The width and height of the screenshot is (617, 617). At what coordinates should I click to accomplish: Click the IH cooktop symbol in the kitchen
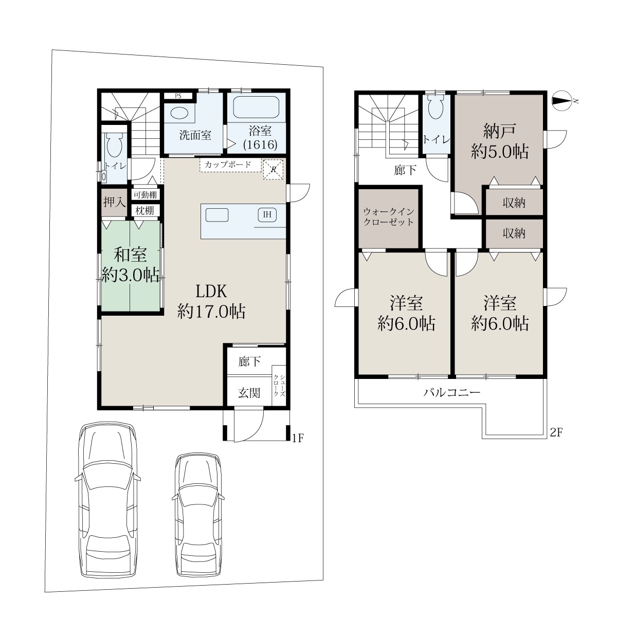[x=267, y=214]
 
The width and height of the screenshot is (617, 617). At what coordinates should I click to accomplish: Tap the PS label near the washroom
[x=178, y=96]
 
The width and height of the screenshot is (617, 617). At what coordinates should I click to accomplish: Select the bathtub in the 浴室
[x=256, y=107]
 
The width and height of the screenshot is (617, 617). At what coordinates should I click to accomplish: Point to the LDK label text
[x=211, y=292]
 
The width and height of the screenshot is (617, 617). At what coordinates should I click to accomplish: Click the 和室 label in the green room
[x=130, y=255]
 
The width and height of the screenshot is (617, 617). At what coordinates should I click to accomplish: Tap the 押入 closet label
[x=114, y=202]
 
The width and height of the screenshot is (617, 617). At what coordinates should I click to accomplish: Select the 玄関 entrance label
[x=249, y=393]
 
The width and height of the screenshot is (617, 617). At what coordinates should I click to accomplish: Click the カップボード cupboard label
[x=228, y=165]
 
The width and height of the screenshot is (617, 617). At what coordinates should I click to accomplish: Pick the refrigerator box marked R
[x=273, y=169]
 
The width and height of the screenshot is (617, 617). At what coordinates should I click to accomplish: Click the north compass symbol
[x=562, y=101]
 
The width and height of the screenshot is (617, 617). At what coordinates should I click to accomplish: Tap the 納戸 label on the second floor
[x=499, y=131]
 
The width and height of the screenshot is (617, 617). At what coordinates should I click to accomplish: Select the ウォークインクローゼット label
[x=389, y=217]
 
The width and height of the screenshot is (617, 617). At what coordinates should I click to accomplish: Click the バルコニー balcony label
[x=452, y=392]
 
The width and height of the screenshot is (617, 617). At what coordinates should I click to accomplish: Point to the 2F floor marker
[x=556, y=433]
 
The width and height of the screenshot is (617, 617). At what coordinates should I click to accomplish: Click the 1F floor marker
[x=298, y=438]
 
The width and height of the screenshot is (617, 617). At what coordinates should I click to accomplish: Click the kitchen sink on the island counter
[x=217, y=215]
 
